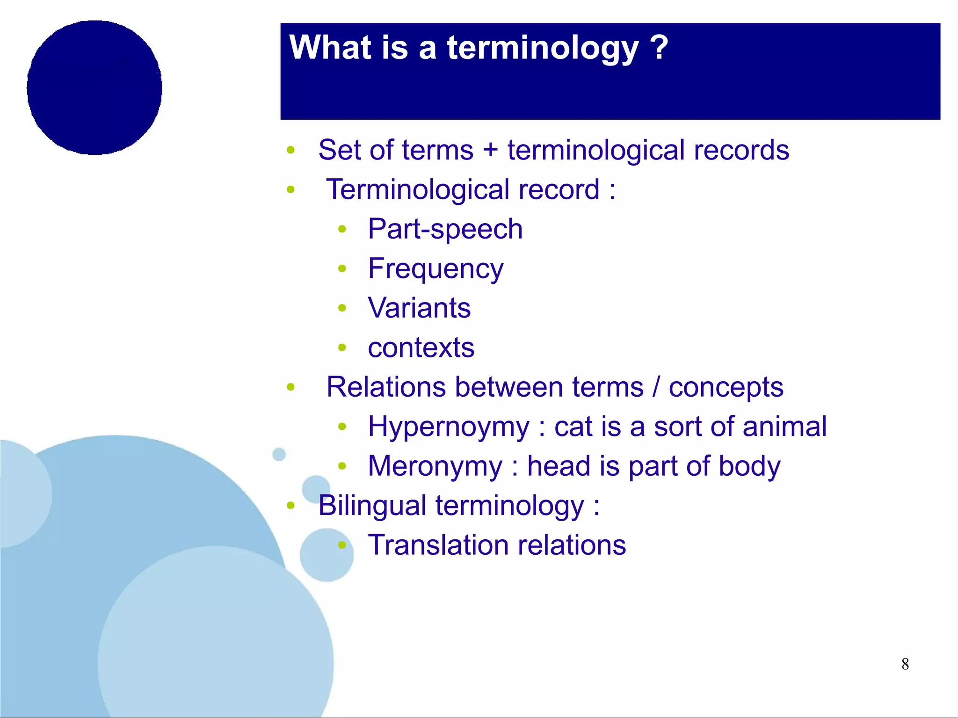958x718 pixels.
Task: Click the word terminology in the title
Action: pyautogui.click(x=543, y=48)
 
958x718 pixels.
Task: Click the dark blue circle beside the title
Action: pyautogui.click(x=94, y=87)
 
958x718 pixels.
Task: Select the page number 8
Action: pyautogui.click(x=905, y=664)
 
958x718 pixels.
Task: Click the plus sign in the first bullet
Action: pyautogui.click(x=490, y=151)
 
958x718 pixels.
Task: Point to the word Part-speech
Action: pyautogui.click(x=445, y=230)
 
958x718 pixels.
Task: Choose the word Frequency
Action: pyautogui.click(x=435, y=269)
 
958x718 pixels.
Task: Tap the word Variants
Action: pyautogui.click(x=419, y=308)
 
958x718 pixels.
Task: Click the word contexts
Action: pyautogui.click(x=421, y=348)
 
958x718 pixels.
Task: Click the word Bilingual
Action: pyautogui.click(x=372, y=506)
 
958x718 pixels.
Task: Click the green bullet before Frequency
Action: pyautogui.click(x=342, y=268)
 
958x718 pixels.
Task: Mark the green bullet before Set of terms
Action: pyautogui.click(x=290, y=150)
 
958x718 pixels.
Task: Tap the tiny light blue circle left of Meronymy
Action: pyautogui.click(x=279, y=454)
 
